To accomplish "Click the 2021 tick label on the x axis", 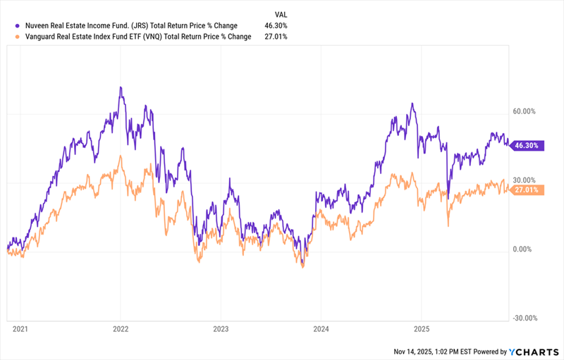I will pos(20,329).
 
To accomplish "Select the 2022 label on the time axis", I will pos(121,329).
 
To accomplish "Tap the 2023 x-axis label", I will pos(221,329).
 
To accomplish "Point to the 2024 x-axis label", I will pos(320,329).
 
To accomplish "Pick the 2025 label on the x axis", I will pos(421,329).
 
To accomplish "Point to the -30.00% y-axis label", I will pos(526,318).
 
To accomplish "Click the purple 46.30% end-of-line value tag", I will pos(527,145).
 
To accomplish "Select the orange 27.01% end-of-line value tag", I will pos(527,190).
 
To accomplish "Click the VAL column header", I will pos(279,13).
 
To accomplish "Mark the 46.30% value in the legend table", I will pos(275,25).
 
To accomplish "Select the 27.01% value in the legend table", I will pos(275,37).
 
